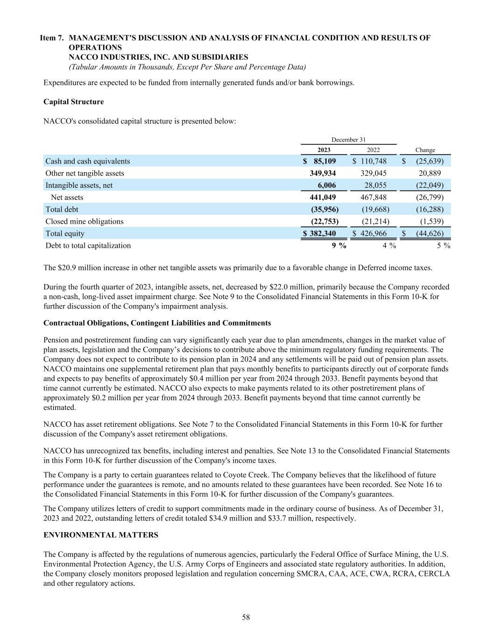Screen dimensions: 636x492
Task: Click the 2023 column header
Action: click(324, 150)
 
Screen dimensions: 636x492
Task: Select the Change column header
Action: click(425, 150)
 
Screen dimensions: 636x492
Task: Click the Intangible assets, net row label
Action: click(79, 185)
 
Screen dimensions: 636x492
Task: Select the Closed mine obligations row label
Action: click(84, 221)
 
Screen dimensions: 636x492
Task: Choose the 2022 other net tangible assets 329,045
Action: click(374, 173)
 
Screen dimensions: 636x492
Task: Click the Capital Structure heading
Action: click(73, 102)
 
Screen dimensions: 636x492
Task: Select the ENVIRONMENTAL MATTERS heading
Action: click(101, 535)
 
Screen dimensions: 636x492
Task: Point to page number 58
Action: click(246, 617)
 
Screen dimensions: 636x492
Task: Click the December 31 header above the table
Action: click(348, 140)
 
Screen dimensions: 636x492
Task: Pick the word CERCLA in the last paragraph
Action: click(434, 574)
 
